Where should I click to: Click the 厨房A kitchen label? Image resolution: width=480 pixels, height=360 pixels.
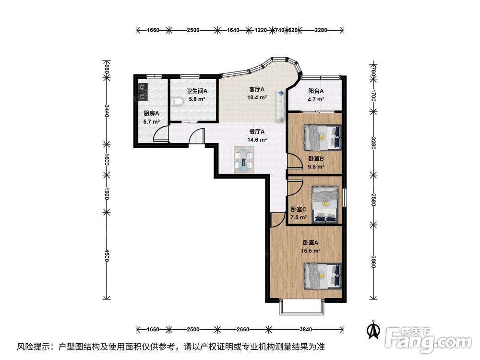(152, 113)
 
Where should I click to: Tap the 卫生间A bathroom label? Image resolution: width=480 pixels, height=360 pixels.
(197, 91)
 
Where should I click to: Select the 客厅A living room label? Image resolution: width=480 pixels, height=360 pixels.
(257, 89)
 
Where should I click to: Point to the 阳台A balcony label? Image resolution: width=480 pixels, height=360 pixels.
(316, 91)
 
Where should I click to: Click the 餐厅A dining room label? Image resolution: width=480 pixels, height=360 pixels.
(257, 132)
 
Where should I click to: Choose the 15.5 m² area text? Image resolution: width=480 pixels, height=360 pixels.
(311, 251)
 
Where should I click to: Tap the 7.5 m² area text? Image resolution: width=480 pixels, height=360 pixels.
(299, 217)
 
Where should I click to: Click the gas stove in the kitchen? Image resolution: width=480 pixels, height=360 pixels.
(143, 92)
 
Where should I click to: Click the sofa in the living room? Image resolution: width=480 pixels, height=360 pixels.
(280, 106)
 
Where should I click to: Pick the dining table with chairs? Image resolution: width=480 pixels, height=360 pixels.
(244, 160)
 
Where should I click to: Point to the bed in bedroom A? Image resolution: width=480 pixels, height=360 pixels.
(323, 276)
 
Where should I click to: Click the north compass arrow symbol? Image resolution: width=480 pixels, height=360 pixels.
(373, 329)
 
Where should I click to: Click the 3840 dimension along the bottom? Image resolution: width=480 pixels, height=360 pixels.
(306, 329)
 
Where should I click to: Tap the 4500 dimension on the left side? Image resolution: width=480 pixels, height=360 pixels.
(106, 255)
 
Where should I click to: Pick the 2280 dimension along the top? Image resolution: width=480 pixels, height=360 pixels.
(321, 30)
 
